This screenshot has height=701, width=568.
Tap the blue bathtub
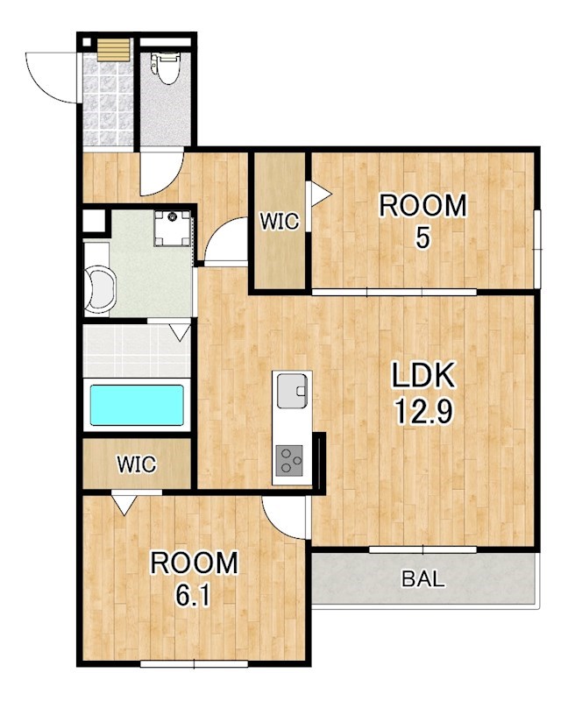[137, 405]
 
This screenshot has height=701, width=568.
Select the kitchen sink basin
[292, 391]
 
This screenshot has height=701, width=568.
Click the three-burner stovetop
[289, 460]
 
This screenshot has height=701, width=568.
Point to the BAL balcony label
[423, 578]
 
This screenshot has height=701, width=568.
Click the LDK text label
[423, 375]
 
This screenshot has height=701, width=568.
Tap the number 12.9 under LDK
[423, 412]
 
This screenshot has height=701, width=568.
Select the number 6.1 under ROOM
[193, 596]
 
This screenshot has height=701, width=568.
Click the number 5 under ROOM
[422, 237]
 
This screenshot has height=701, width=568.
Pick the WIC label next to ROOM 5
[280, 221]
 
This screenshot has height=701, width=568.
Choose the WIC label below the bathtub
[137, 464]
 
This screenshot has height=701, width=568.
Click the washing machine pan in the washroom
[173, 228]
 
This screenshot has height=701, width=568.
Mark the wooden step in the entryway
[114, 49]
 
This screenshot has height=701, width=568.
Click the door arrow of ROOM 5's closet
[321, 194]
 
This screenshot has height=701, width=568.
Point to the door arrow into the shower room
[181, 333]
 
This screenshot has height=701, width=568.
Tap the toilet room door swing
[161, 173]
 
